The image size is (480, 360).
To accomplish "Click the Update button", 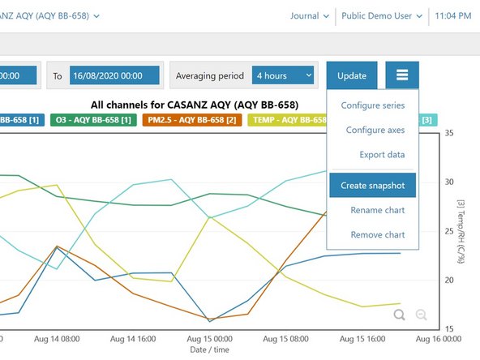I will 351,75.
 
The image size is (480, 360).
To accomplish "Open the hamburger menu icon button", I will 402,75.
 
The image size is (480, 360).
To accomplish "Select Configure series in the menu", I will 372,105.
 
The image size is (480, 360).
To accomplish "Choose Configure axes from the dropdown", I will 375,130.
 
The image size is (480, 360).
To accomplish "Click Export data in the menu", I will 382,154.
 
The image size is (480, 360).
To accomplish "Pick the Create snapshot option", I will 372,185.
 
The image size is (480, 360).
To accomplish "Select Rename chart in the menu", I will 377,210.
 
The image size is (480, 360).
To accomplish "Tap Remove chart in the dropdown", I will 377,234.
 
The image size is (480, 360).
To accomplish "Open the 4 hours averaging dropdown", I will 282,75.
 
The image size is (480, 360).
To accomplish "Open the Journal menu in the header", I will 309,15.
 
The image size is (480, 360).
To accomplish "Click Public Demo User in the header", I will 382,15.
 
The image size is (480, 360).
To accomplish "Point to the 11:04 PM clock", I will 452,15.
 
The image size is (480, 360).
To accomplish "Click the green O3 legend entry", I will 93,120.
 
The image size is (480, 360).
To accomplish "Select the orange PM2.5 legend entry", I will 191,120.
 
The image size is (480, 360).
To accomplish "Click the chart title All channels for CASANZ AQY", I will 195,105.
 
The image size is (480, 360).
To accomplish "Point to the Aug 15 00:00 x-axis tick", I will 209,340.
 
